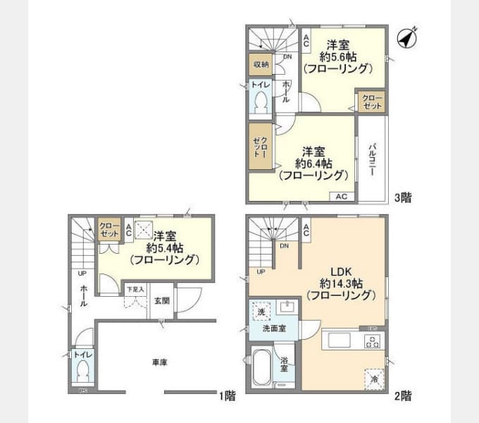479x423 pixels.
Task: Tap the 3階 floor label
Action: (x=402, y=198)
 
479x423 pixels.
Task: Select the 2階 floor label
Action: (x=402, y=396)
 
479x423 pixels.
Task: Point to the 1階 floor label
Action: (x=227, y=396)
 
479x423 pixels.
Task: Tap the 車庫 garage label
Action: (x=159, y=362)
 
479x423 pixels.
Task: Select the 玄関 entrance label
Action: (x=161, y=300)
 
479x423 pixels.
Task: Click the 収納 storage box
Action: (x=260, y=65)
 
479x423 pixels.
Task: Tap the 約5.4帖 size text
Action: (x=165, y=247)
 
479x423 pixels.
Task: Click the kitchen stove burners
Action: (x=372, y=341)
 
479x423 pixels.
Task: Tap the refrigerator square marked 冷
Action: (x=374, y=379)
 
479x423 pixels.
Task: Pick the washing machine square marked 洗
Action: (x=261, y=311)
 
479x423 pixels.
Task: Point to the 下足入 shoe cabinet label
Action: (x=135, y=289)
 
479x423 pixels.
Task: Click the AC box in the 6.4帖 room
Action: (x=341, y=197)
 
